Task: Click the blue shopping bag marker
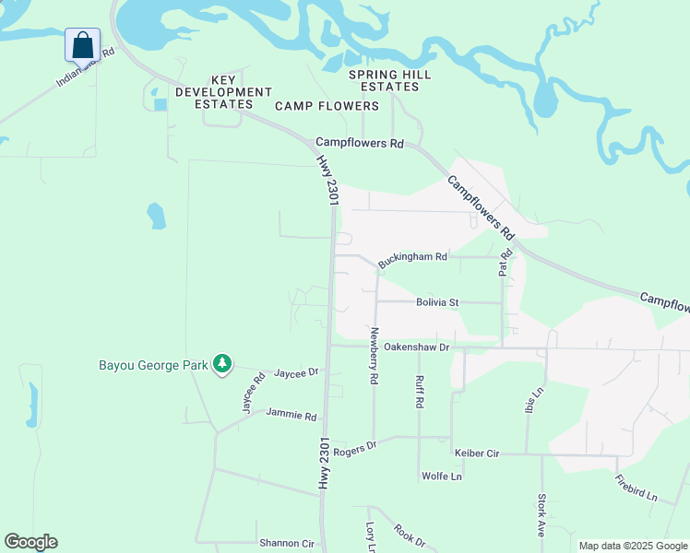tap(82, 45)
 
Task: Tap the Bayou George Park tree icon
tap(221, 365)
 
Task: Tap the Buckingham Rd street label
tap(412, 258)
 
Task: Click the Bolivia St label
tap(437, 302)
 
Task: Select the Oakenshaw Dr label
tap(416, 347)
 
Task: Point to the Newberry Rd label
tap(374, 355)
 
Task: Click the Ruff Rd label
tap(419, 391)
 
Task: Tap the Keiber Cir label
tap(477, 453)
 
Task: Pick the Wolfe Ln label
tap(441, 477)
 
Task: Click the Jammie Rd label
tap(291, 416)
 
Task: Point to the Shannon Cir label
tap(287, 544)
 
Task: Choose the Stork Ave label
tap(541, 515)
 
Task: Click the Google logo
tap(30, 542)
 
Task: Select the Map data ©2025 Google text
tap(633, 546)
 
